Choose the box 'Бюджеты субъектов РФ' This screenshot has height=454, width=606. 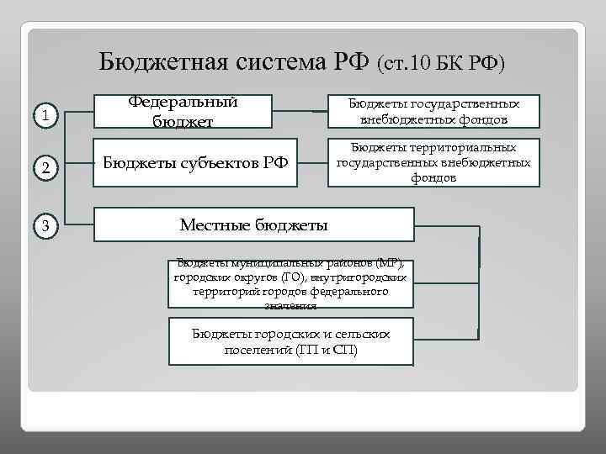tap(195, 161)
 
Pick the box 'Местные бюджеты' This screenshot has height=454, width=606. tap(254, 224)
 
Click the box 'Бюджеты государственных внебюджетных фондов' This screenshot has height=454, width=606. tap(433, 112)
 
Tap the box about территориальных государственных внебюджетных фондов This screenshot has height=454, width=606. tap(433, 161)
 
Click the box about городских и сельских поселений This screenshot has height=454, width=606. tap(290, 341)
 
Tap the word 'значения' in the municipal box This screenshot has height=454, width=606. tap(290, 306)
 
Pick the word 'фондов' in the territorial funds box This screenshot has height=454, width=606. tap(433, 178)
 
